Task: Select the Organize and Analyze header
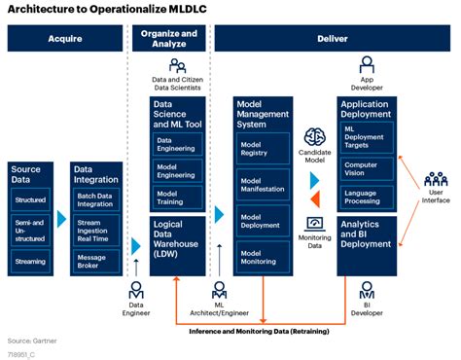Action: [176, 38]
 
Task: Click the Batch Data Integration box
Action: [96, 200]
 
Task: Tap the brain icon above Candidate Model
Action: [314, 136]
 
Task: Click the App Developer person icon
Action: [367, 64]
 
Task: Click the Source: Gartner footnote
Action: [32, 340]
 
